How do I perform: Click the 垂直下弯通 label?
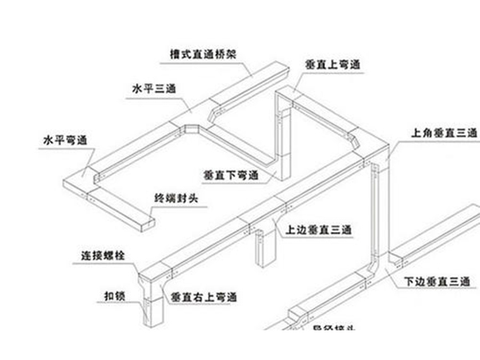coord(231,173)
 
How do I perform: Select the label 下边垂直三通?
coord(436,282)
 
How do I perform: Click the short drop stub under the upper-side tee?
coord(260,249)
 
